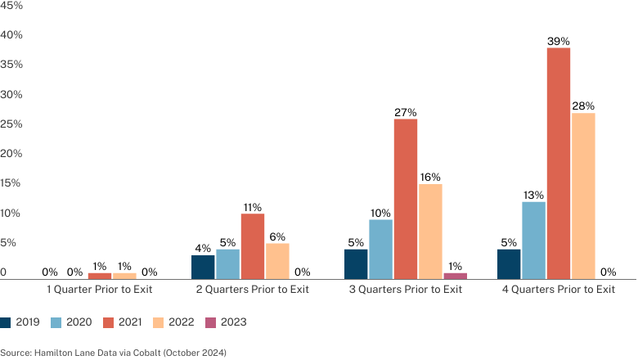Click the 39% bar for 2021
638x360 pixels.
(x=558, y=164)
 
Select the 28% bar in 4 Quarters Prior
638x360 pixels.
(x=583, y=196)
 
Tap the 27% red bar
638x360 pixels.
(x=405, y=199)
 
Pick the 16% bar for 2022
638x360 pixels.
(x=430, y=232)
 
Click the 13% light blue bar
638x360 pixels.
(x=533, y=241)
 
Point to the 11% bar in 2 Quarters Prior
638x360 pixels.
(x=252, y=246)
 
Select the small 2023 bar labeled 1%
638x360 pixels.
(x=455, y=277)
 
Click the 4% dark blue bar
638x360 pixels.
(x=203, y=268)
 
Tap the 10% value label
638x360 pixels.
(x=380, y=213)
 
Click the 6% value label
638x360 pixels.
(x=277, y=236)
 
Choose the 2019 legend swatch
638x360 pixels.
(x=5, y=322)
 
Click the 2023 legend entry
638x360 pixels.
(x=227, y=322)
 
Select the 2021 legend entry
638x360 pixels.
(x=123, y=322)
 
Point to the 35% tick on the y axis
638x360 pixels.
(x=11, y=65)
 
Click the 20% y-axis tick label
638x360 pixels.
(x=11, y=153)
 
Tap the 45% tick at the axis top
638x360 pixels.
(x=11, y=5)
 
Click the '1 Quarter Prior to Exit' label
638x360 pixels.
(x=100, y=289)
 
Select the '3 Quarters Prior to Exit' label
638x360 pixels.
(x=405, y=289)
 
